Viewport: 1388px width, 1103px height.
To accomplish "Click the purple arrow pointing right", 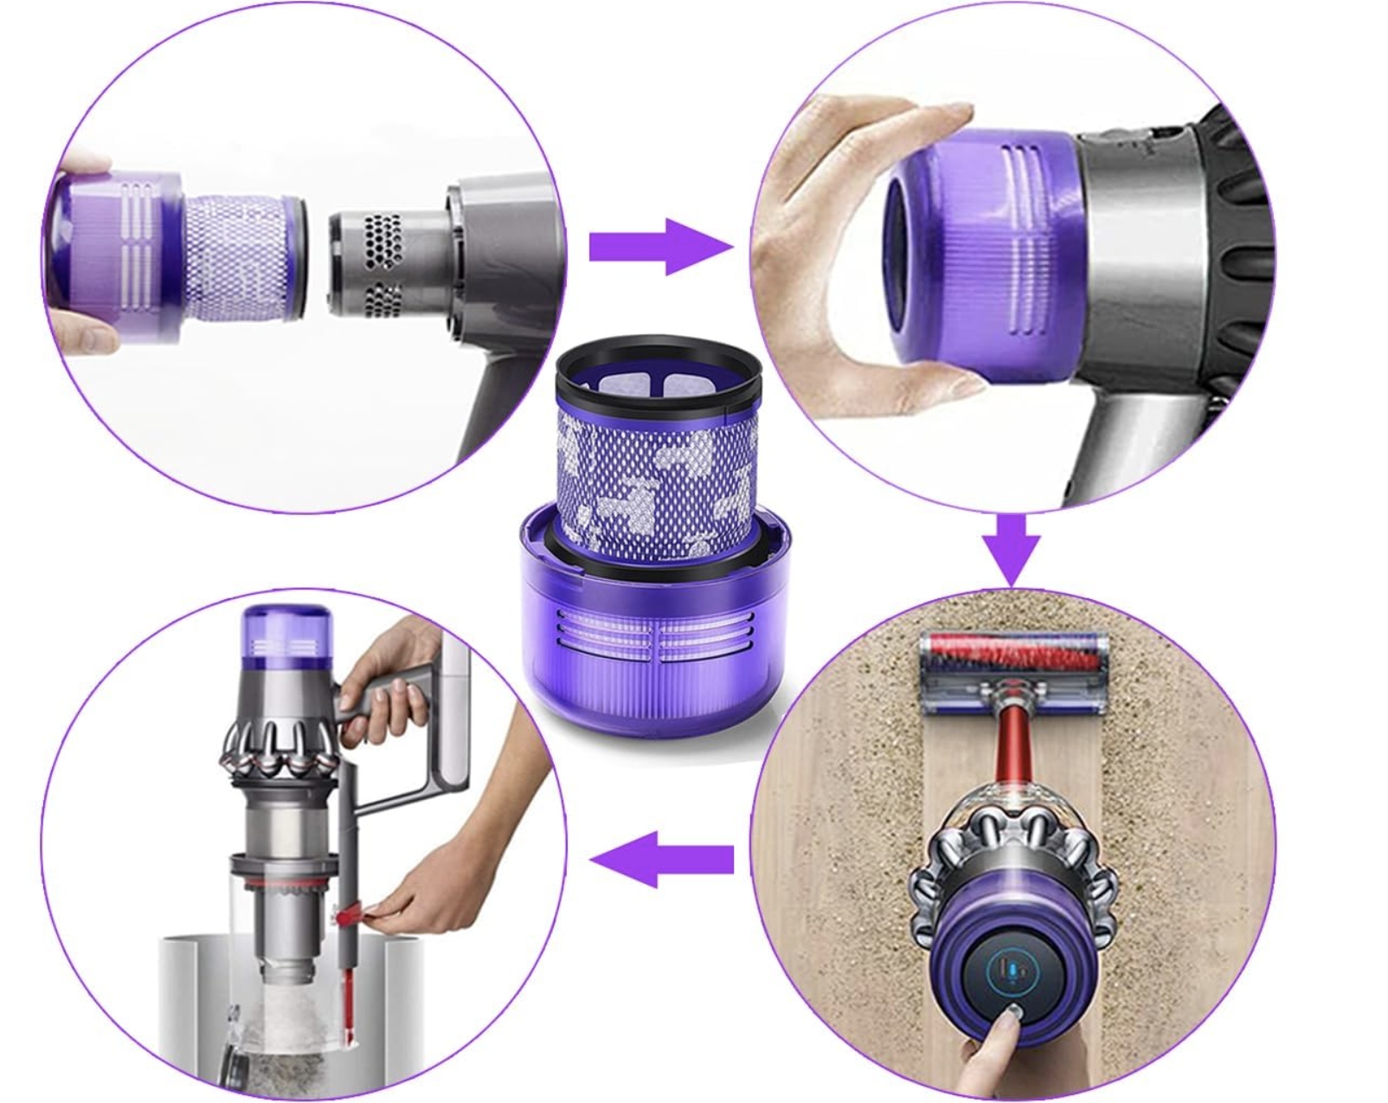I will tap(658, 248).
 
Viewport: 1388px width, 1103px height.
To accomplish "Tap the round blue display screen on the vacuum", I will tap(1012, 972).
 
